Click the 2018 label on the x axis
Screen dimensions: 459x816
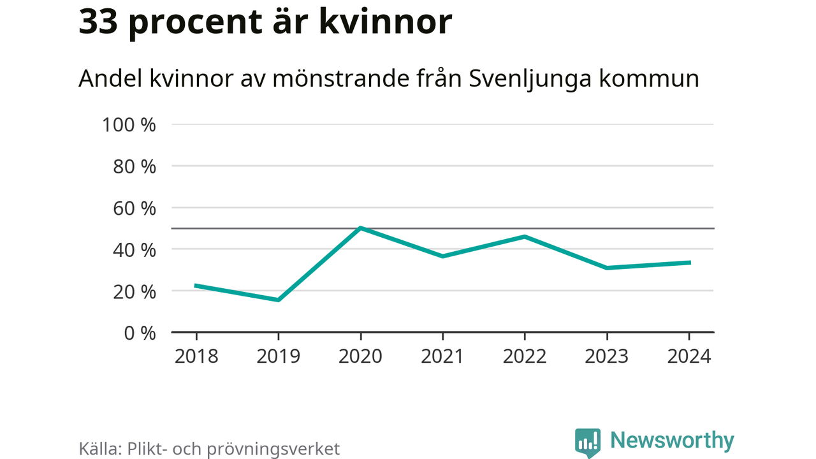point(196,356)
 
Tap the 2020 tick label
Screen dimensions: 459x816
point(360,356)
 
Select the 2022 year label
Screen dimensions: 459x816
point(525,356)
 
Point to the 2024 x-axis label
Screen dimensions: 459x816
point(688,356)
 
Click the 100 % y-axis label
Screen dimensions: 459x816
point(129,125)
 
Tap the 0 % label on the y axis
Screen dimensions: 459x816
point(139,333)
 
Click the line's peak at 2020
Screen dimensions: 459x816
point(360,228)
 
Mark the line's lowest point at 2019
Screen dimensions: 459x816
point(279,300)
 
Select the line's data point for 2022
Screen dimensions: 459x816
point(525,237)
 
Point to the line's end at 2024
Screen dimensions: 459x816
point(688,263)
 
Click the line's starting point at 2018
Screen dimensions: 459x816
point(196,286)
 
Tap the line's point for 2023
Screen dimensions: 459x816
point(606,268)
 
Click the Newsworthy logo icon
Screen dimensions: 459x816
point(587,442)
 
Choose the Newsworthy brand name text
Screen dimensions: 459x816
point(672,441)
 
